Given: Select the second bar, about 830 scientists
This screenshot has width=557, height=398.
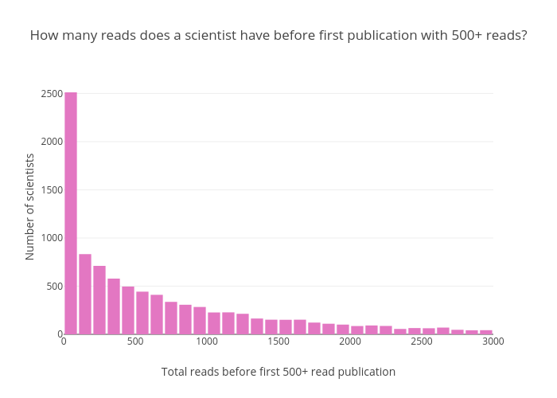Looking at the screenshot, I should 85,294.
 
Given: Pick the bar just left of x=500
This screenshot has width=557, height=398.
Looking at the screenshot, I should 128,310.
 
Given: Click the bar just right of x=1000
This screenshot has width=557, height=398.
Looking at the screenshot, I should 214,322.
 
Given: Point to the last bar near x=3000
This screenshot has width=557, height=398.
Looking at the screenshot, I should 486,331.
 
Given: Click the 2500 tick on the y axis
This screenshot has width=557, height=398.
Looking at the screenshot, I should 53,94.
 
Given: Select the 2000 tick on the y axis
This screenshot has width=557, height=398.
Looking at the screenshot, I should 53,142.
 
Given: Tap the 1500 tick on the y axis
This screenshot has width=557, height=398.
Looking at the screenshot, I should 53,189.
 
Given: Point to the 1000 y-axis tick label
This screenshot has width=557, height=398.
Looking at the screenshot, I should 53,238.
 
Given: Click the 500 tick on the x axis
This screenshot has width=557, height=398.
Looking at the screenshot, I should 135,341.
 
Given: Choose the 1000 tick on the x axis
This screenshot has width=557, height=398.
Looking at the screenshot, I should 207,341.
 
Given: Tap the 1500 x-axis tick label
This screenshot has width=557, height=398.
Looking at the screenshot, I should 278,341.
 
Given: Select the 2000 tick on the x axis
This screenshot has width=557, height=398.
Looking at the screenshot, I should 350,341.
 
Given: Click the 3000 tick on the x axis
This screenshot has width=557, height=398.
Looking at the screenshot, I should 493,341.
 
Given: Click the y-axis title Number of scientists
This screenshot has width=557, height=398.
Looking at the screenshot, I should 30,207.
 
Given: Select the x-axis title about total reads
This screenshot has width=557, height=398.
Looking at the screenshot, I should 278,372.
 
